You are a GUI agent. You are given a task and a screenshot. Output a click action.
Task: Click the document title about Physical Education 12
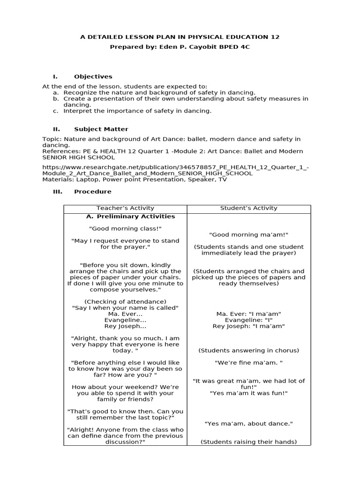coord(180,37)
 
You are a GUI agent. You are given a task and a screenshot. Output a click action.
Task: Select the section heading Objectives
coord(93,76)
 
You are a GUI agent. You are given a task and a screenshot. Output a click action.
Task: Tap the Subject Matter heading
coord(101,129)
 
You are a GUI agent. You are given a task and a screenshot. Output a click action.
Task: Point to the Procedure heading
coord(93,191)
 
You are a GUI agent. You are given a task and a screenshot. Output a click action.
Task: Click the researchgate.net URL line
coord(175,167)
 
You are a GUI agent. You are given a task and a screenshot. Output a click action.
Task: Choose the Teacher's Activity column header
coord(125,208)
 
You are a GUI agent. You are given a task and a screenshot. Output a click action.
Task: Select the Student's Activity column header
coord(248,208)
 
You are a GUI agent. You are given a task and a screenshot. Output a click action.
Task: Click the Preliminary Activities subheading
coord(131,217)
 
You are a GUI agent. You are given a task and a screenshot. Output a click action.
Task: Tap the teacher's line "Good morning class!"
coord(125,228)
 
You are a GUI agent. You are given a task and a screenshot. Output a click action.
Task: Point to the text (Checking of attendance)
coord(125,301)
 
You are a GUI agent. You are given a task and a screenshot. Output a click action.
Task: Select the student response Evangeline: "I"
coord(248,320)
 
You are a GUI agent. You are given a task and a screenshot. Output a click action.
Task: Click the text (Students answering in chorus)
coord(248,350)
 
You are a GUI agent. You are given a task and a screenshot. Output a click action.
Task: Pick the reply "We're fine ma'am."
coord(248,362)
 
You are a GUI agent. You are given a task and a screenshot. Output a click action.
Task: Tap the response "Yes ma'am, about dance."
coord(248,423)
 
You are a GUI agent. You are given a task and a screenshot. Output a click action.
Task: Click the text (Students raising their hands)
coord(248,442)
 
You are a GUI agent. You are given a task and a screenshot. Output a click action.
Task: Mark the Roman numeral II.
coord(55,129)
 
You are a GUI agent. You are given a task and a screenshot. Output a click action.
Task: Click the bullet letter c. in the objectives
coord(55,111)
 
